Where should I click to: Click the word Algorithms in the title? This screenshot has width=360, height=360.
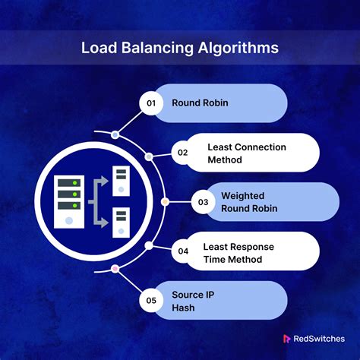pyautogui.click(x=238, y=48)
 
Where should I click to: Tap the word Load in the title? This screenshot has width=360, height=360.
pyautogui.click(x=99, y=48)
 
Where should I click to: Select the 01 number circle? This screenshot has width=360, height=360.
pyautogui.click(x=151, y=103)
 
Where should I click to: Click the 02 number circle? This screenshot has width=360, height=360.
pyautogui.click(x=183, y=153)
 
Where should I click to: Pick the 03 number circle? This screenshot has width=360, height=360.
pyautogui.click(x=203, y=202)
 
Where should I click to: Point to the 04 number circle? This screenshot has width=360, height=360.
pyautogui.click(x=183, y=251)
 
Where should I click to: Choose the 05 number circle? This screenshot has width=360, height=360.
pyautogui.click(x=151, y=300)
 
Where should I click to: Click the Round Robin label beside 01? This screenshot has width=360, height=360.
pyautogui.click(x=200, y=103)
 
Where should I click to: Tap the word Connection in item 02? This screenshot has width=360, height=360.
pyautogui.click(x=261, y=147)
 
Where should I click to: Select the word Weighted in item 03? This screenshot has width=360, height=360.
pyautogui.click(x=243, y=196)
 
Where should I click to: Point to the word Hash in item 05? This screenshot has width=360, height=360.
pyautogui.click(x=183, y=308)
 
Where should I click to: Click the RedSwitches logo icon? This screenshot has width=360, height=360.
pyautogui.click(x=286, y=339)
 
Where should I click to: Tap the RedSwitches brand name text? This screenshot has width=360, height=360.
pyautogui.click(x=319, y=339)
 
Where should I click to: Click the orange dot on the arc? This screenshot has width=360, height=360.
pyautogui.click(x=165, y=202)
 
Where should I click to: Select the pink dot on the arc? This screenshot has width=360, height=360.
pyautogui.click(x=115, y=269)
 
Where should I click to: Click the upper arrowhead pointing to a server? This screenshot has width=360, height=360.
pyautogui.click(x=103, y=182)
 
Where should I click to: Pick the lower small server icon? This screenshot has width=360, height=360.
pyautogui.click(x=121, y=223)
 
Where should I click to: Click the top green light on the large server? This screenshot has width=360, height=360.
pyautogui.click(x=74, y=183)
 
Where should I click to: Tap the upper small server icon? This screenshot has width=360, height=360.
pyautogui.click(x=121, y=181)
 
